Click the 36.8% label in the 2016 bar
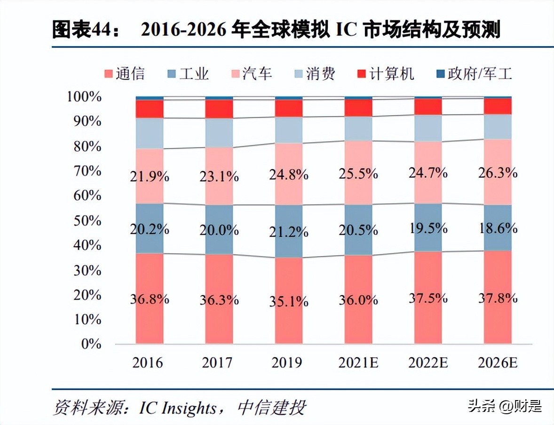pyautogui.click(x=150, y=299)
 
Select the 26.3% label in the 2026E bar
pyautogui.click(x=498, y=173)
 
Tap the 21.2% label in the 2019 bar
pyautogui.click(x=289, y=232)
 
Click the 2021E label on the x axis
pyautogui.click(x=358, y=363)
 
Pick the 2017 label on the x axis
pyautogui.click(x=219, y=363)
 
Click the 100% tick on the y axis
pyautogui.click(x=84, y=97)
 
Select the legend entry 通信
pyautogui.click(x=124, y=74)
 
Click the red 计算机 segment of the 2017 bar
pyautogui.click(x=219, y=109)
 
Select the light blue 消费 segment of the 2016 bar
pyautogui.click(x=150, y=133)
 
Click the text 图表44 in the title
pyautogui.click(x=82, y=31)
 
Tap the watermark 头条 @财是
pyautogui.click(x=505, y=405)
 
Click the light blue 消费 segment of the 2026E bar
pyautogui.click(x=498, y=126)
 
